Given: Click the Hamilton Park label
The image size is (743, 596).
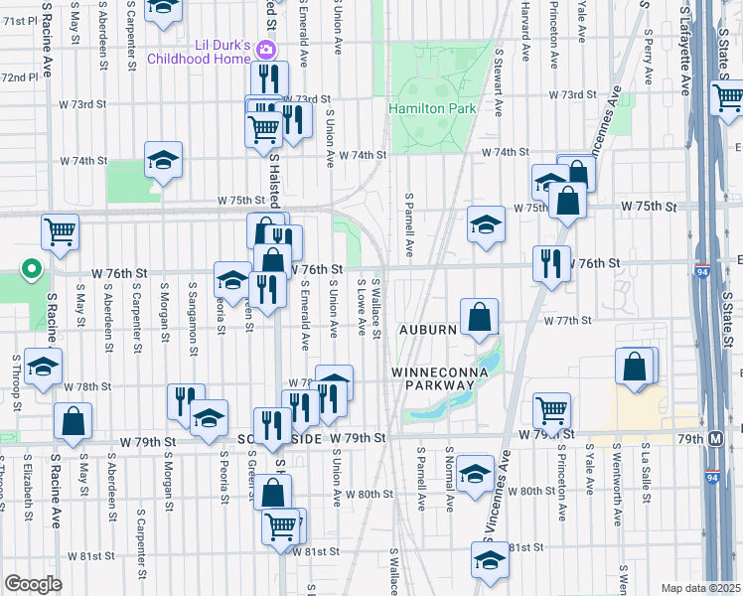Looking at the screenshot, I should (x=432, y=108).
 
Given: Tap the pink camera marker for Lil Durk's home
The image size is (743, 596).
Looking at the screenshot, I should (x=265, y=49).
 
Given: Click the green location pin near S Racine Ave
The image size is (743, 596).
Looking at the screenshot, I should (x=32, y=268).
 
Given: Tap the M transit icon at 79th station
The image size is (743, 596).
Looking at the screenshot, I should (x=716, y=438).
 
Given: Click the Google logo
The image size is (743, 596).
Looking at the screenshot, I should (x=33, y=584).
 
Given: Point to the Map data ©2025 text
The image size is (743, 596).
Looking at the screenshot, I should (x=699, y=588).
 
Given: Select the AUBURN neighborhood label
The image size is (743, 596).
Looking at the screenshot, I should (x=427, y=329).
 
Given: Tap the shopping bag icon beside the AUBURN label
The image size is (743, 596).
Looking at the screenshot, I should (x=479, y=318).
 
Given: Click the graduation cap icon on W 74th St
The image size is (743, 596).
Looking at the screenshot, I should (x=163, y=160).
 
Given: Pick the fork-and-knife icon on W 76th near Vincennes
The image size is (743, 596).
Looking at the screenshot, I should (x=551, y=263).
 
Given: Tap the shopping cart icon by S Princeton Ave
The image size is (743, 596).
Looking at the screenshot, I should (x=551, y=408).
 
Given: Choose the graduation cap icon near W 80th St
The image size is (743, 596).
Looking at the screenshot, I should (x=476, y=474).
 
